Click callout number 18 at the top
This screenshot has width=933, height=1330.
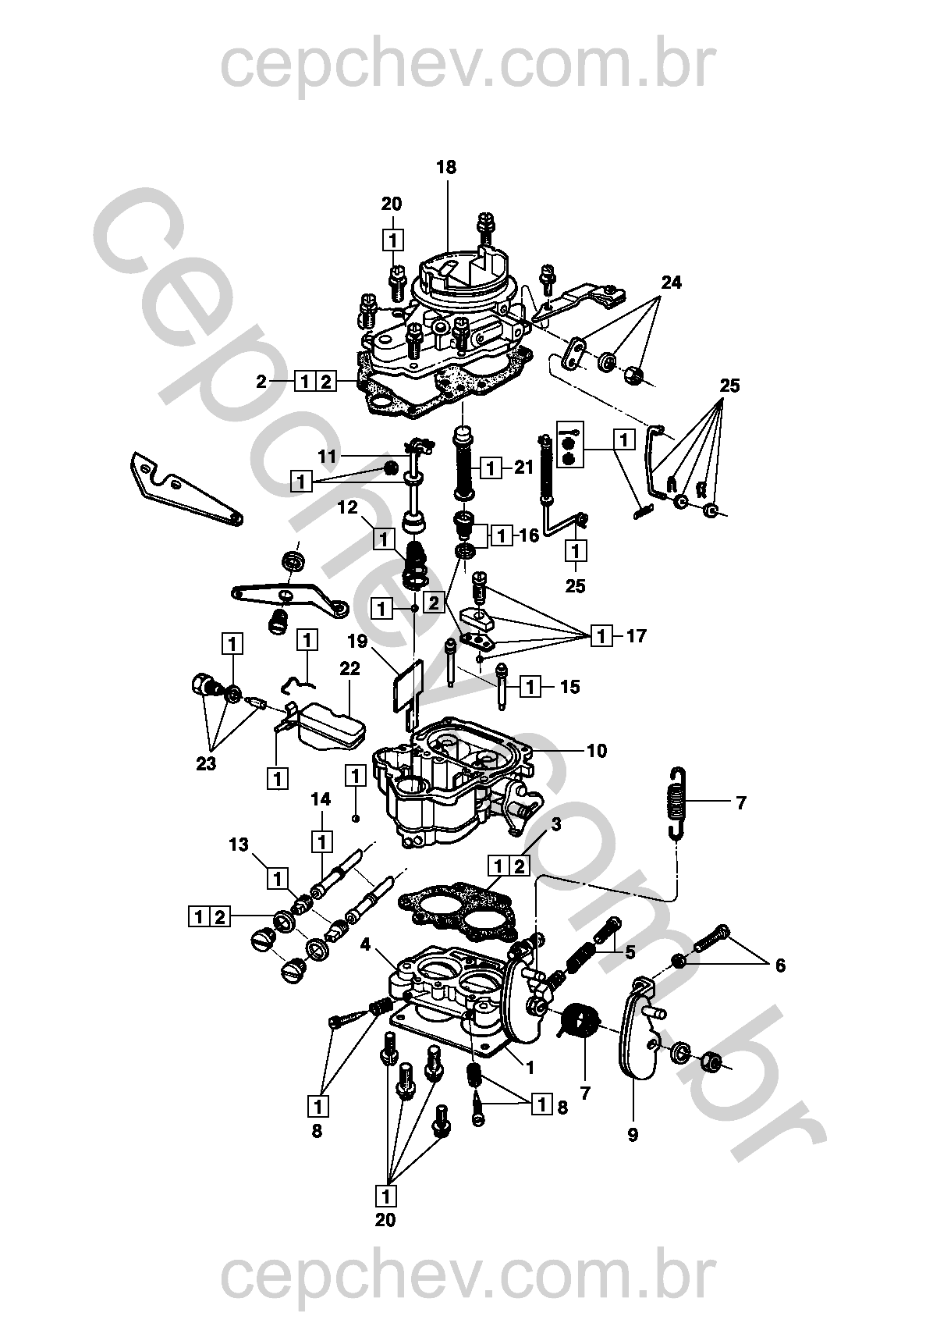[446, 168]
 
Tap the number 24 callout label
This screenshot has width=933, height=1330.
[671, 283]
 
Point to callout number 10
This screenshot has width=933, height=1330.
[597, 751]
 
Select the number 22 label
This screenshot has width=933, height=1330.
[350, 669]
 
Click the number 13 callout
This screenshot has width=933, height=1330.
[239, 845]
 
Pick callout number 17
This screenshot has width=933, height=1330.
[636, 636]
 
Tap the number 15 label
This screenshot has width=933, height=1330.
[569, 687]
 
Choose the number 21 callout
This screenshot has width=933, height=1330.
[523, 468]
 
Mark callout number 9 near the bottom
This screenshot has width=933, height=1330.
[633, 1135]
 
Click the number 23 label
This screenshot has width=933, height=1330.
[206, 763]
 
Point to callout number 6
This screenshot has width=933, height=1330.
[780, 966]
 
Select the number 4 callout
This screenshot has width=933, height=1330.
[365, 944]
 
